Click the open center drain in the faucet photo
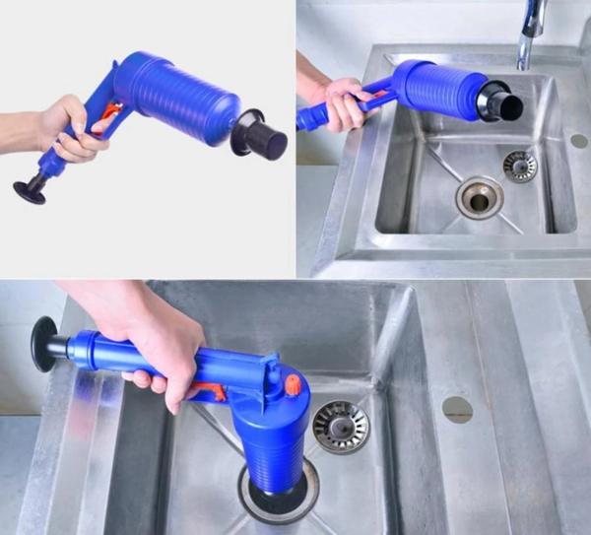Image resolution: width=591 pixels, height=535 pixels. [x=479, y=197]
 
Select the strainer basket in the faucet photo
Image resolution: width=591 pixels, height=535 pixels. [x=519, y=166]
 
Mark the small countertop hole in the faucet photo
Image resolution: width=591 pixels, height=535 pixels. [x=578, y=141]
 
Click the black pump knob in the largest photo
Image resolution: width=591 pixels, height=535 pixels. [x=43, y=344]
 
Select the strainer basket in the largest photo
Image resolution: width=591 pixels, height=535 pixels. [x=340, y=426]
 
